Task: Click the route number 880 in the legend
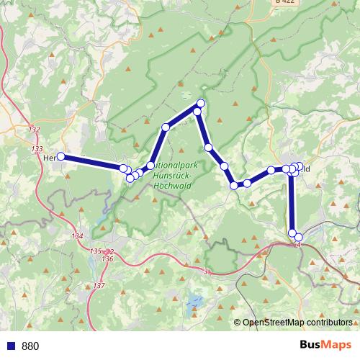(30, 346)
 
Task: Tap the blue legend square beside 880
(12, 346)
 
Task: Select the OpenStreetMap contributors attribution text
(297, 323)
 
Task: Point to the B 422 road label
(284, 3)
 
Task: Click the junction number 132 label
(35, 130)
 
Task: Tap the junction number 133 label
(37, 148)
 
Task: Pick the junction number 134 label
(78, 237)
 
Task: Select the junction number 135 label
(96, 251)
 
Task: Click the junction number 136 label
(108, 258)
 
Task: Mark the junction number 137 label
(99, 287)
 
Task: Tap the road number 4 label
(297, 245)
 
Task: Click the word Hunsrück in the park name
(172, 175)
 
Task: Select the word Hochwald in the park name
(171, 184)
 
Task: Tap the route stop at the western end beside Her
(61, 156)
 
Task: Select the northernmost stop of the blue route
(201, 104)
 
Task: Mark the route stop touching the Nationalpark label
(151, 166)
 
